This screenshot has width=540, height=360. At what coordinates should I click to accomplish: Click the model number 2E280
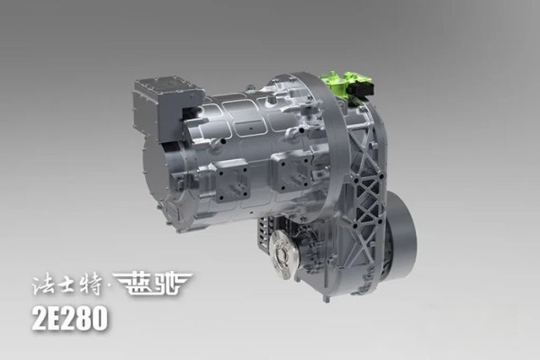pos(70,319)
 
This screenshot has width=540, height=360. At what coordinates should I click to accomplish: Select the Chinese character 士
pos(69,284)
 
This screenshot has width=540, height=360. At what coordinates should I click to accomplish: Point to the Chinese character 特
pos(92,284)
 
